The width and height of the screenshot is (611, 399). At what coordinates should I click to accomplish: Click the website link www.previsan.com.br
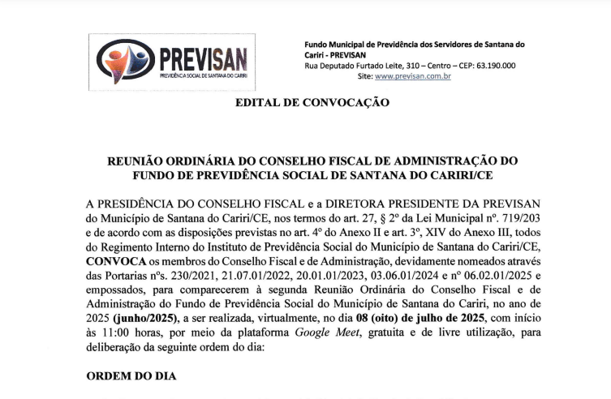pos(413,76)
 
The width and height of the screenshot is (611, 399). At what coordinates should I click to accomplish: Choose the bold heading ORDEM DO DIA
pos(130,378)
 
